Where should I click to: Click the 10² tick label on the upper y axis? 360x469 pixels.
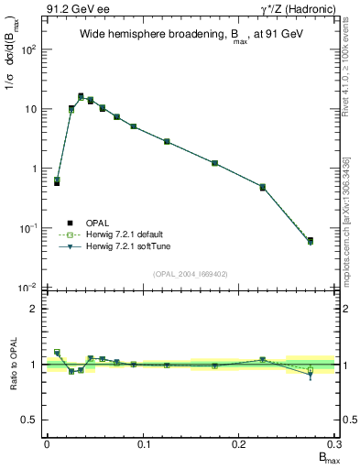[28, 49]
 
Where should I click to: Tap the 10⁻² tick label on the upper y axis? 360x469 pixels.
[28, 289]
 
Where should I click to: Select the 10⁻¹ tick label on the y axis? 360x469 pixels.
[28, 229]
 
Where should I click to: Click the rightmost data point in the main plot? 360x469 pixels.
[310, 241]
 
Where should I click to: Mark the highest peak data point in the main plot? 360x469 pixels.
[81, 96]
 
